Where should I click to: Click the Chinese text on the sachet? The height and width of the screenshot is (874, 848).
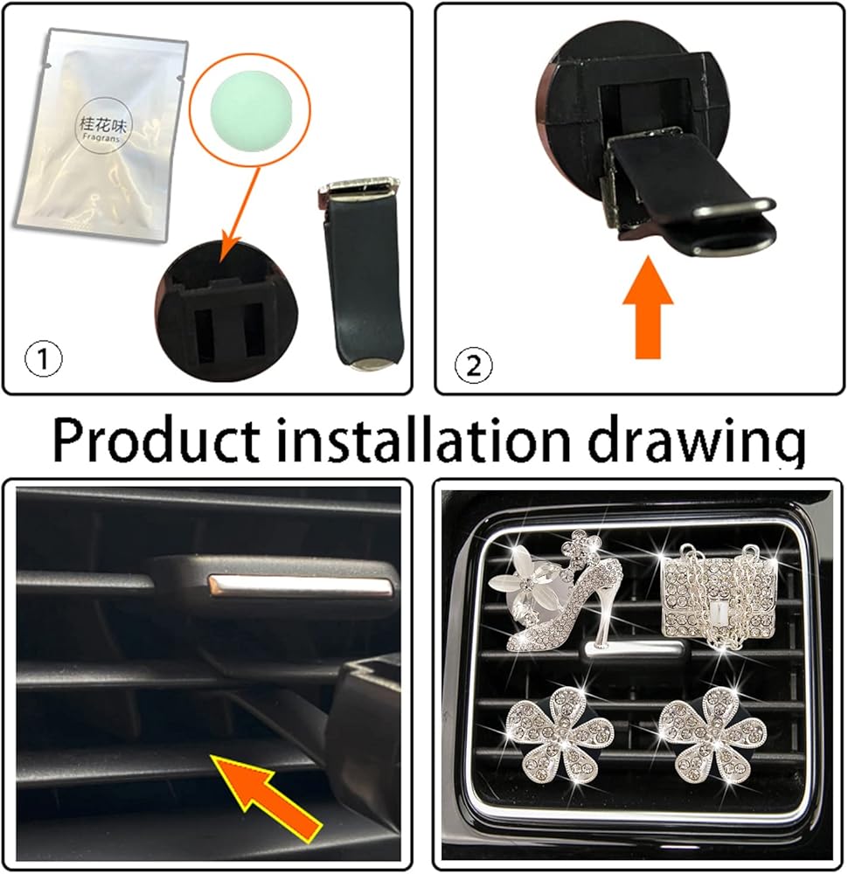pos(103,125)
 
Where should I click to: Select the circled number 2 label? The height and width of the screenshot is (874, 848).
pos(474,366)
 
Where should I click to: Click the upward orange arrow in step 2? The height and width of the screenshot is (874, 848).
pos(647,307)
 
